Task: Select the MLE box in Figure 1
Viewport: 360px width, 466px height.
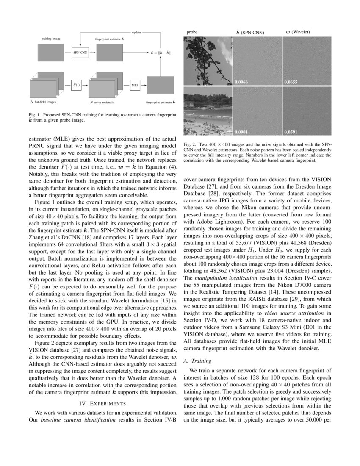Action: (x=135, y=85)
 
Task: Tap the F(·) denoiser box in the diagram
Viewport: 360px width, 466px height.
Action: (x=76, y=85)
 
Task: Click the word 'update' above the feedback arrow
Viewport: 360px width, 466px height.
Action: (x=136, y=32)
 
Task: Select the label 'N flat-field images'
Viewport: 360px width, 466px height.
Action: (x=43, y=102)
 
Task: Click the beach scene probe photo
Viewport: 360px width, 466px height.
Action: (x=207, y=111)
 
